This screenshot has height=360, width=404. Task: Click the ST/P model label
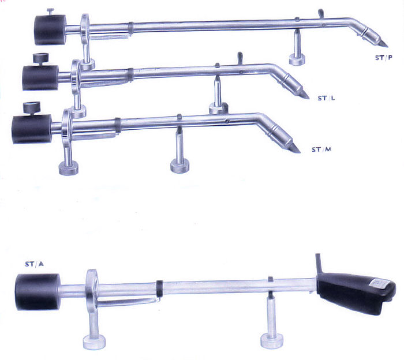click(384, 58)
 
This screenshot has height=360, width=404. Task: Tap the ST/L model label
click(326, 98)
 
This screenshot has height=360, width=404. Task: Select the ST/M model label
click(321, 149)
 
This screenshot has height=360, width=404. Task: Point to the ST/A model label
click(34, 264)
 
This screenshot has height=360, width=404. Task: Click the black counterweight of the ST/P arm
click(50, 30)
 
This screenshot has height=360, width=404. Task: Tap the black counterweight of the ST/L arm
click(41, 77)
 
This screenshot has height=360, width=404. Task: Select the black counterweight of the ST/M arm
click(32, 129)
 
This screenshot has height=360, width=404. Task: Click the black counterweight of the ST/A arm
click(38, 292)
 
